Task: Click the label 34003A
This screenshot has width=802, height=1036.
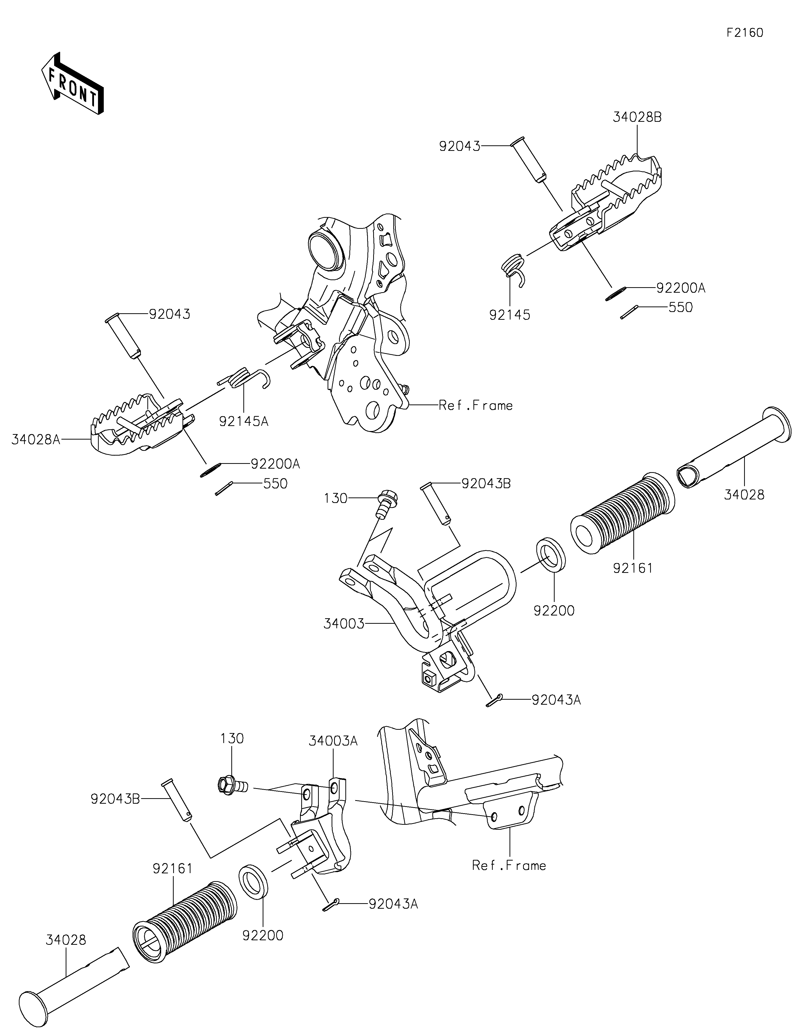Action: (333, 741)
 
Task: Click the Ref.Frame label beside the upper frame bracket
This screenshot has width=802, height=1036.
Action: (476, 405)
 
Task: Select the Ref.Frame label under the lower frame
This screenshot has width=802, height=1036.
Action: (509, 866)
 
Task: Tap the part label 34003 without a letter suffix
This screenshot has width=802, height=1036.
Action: (344, 624)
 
